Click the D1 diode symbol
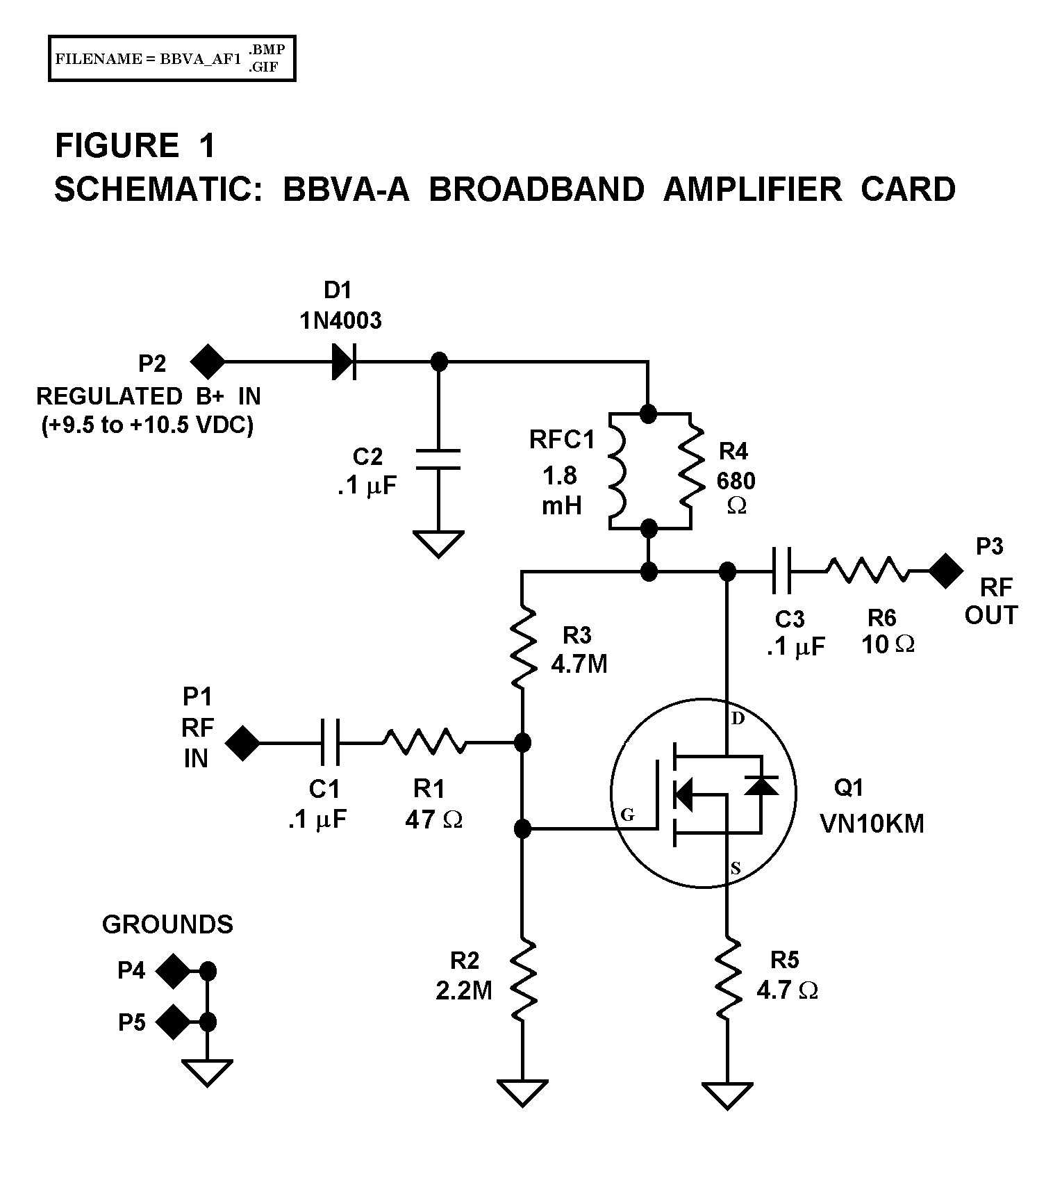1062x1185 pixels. point(345,362)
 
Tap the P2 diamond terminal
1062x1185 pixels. point(208,362)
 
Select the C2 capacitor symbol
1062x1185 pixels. point(438,459)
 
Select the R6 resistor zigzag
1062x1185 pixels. point(867,571)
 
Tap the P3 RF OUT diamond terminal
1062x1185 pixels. point(945,571)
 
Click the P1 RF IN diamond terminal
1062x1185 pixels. point(242,743)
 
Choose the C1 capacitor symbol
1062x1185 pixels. point(331,743)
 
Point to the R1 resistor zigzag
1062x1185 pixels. point(424,743)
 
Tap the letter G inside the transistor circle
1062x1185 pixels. point(627,815)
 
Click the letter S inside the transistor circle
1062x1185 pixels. point(736,868)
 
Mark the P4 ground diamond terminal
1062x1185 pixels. point(172,971)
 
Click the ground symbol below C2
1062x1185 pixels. point(438,544)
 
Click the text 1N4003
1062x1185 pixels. point(340,320)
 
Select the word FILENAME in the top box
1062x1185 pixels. point(98,59)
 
